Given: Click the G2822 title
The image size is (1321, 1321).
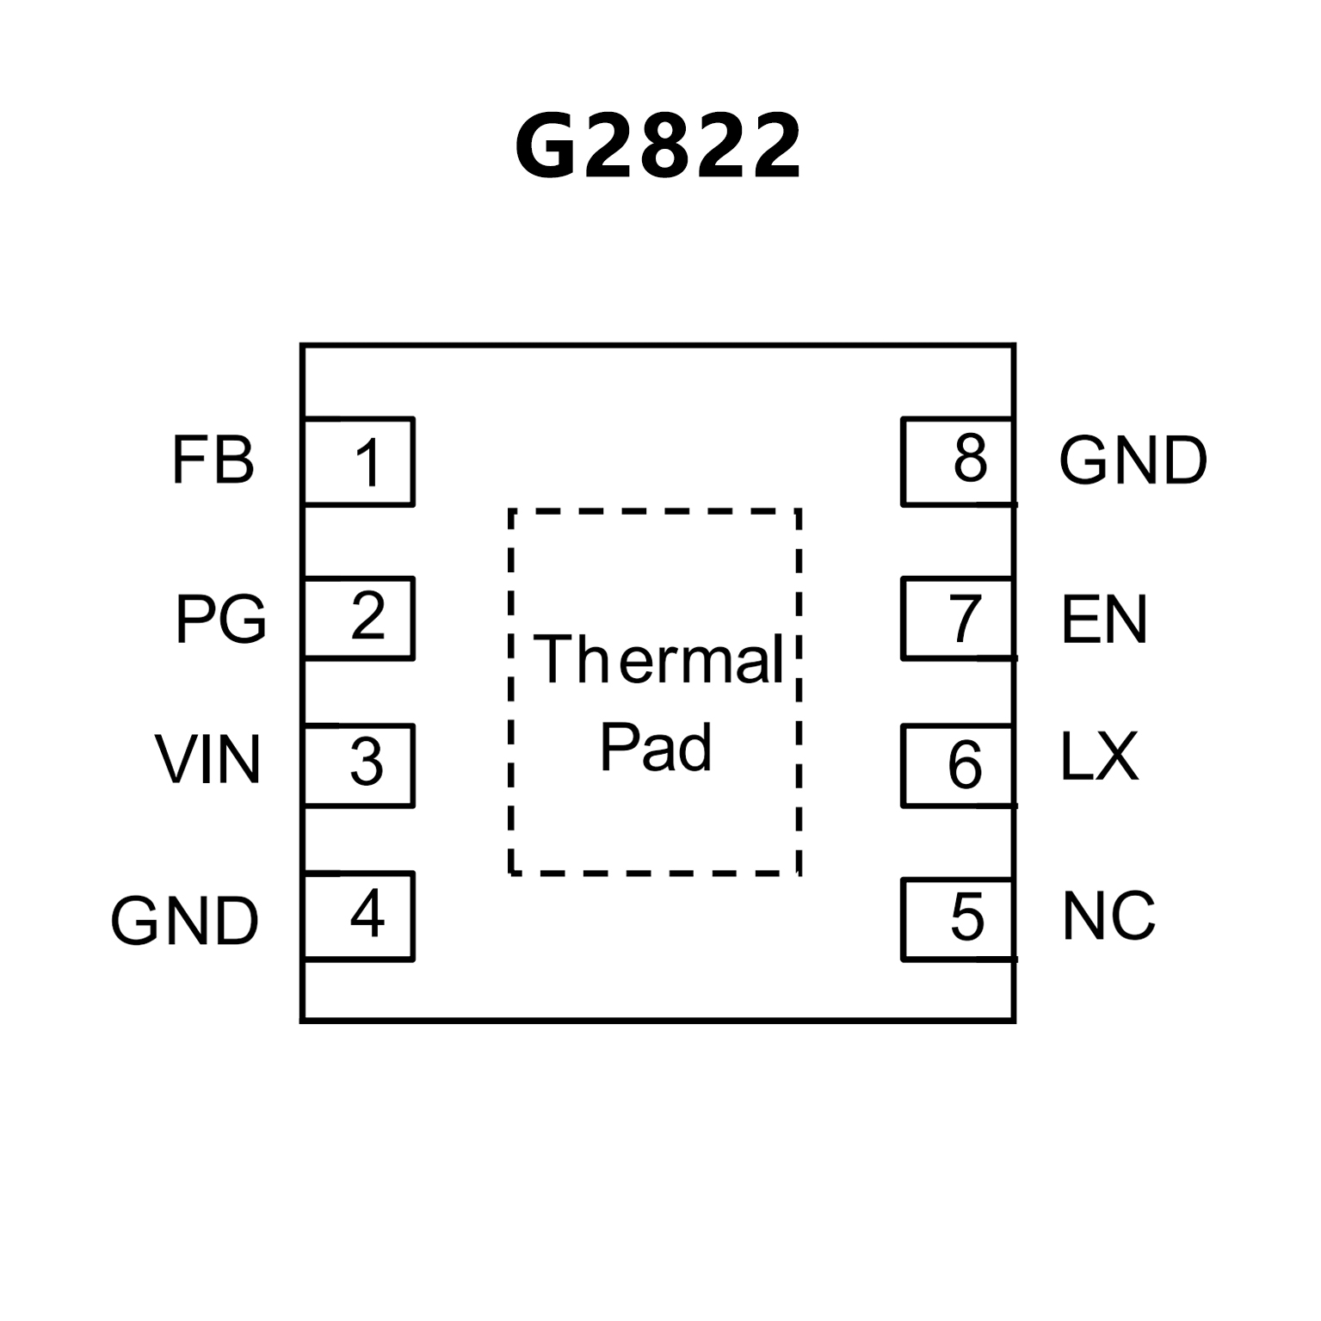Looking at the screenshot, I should click(658, 148).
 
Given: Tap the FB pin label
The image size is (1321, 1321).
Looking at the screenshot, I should click(213, 461).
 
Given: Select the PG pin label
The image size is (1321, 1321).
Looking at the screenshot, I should click(220, 619).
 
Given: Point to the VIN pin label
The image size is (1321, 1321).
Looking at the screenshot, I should click(208, 760).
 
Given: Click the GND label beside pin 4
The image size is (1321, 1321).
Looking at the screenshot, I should click(184, 921).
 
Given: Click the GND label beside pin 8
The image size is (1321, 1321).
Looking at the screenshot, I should click(1133, 461).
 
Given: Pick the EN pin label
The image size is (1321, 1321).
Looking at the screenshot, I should click(1104, 620).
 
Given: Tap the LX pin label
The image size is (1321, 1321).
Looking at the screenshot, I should click(1099, 758).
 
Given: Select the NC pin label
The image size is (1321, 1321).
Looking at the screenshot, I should click(1108, 916).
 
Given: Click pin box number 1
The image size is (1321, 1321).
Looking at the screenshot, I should click(360, 462).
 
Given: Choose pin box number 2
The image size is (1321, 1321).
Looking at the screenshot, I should click(360, 618).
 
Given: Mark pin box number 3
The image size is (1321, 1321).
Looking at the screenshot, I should click(360, 765).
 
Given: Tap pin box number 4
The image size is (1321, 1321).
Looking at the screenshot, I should click(360, 916).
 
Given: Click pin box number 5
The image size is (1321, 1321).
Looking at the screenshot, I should click(957, 918).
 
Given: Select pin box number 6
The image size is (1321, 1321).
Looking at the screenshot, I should click(957, 765).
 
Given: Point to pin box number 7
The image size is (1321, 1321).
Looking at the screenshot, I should click(957, 619).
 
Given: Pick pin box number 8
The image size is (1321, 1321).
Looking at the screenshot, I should click(957, 461).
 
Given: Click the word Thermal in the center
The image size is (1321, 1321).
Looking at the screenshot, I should click(658, 661).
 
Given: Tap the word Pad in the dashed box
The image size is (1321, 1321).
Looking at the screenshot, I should click(656, 747).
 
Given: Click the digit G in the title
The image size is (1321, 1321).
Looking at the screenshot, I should click(546, 148).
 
